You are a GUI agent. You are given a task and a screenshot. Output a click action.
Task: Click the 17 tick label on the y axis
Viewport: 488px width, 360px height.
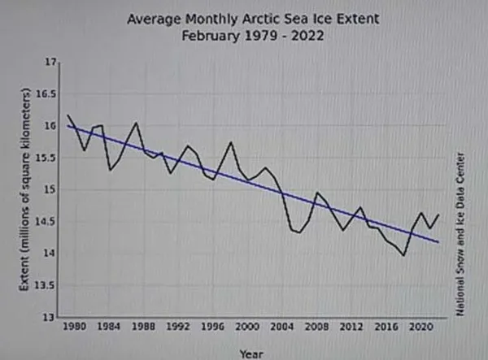pos(53,63)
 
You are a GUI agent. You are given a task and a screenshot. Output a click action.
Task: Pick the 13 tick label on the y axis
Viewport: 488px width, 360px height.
pos(53,317)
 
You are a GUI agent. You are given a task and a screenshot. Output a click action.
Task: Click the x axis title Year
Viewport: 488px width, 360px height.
pos(251,353)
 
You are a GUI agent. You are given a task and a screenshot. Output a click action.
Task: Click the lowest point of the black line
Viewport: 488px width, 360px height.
pos(404,255)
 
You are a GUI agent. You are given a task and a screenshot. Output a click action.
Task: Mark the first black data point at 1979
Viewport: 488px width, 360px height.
pos(68,115)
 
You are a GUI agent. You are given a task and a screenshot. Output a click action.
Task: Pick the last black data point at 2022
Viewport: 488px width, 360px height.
pos(439,215)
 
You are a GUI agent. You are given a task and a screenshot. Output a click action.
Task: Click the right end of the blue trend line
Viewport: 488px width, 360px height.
pos(439,242)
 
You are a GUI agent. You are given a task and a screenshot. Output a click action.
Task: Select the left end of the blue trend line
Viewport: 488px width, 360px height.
pos(68,125)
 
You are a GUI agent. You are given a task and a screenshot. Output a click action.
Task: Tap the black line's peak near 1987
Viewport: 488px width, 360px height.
pos(136,123)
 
